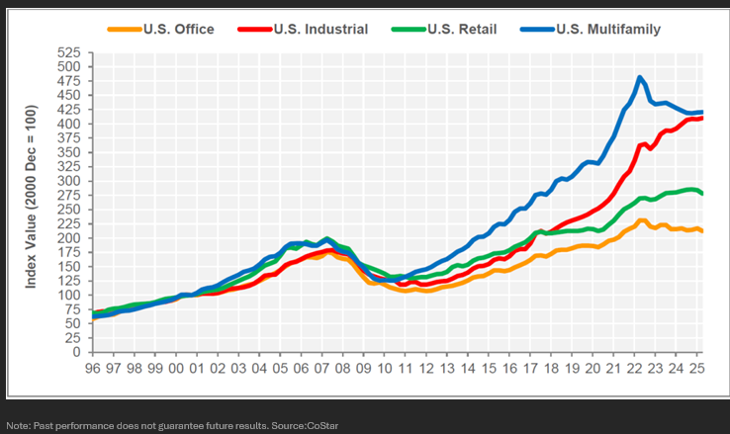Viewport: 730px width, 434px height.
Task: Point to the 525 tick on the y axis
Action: [x=69, y=52]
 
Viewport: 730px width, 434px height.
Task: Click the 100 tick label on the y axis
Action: [x=69, y=295]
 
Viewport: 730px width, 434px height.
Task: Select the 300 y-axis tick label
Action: [x=69, y=181]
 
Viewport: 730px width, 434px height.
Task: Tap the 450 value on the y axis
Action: [x=69, y=95]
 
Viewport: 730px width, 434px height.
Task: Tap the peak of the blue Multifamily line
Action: [x=640, y=77]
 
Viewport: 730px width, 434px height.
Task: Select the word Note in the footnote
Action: [x=18, y=425]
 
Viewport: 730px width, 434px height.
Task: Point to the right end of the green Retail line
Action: [x=701, y=193]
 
